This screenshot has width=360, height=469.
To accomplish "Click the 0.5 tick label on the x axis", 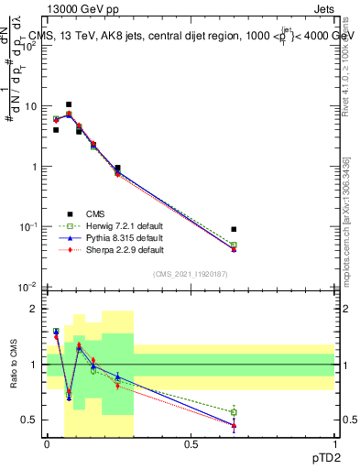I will (191, 445).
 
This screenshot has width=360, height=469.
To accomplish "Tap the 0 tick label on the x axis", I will (47, 445).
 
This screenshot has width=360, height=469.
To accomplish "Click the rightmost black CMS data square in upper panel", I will (234, 229).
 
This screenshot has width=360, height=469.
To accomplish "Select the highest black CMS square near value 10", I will (69, 104).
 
